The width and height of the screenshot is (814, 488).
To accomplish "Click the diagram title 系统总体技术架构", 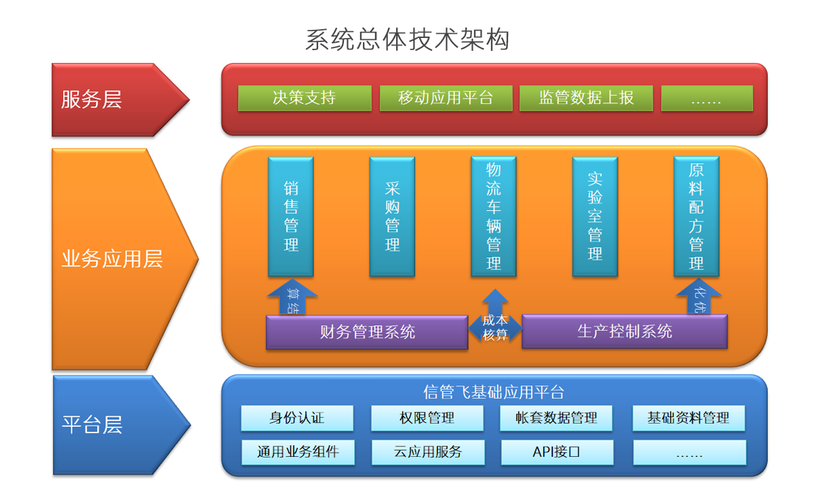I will click(x=407, y=40).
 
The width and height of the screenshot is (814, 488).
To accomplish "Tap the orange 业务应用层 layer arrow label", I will click(x=112, y=259).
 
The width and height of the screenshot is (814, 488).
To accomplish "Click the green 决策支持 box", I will click(x=305, y=98).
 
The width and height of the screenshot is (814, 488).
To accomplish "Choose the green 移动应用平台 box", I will click(x=446, y=98).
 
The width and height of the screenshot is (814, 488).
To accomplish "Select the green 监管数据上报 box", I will click(x=586, y=98).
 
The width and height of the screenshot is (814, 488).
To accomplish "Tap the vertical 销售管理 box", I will click(x=291, y=216).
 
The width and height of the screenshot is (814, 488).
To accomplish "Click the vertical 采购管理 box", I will click(x=392, y=216).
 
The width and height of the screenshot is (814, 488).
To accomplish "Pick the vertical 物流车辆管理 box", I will click(x=494, y=216).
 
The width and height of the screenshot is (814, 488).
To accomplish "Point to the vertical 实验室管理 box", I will click(x=595, y=216).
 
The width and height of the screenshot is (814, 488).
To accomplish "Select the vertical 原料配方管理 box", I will click(x=696, y=216).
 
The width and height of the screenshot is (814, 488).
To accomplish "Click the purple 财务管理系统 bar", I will click(x=367, y=332).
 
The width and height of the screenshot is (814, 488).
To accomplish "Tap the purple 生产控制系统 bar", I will click(x=624, y=331).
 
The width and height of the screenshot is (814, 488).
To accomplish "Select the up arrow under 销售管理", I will click(x=292, y=298).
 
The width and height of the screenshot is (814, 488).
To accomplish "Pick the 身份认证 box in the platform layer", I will click(x=297, y=418).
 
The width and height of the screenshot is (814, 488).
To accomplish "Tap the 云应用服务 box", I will click(x=427, y=452).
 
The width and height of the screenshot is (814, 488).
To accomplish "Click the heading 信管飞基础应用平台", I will click(x=494, y=392).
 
